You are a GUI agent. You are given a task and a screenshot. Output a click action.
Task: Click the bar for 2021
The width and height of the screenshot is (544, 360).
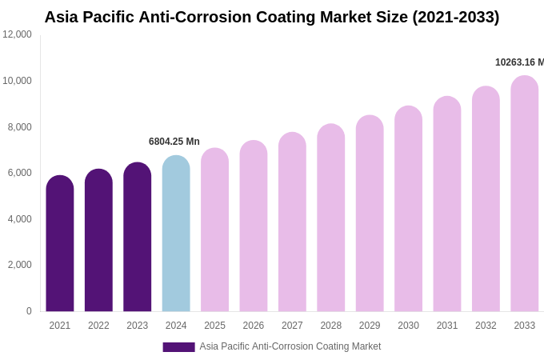60,244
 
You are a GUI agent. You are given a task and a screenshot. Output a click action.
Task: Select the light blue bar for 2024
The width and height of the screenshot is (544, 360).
176,234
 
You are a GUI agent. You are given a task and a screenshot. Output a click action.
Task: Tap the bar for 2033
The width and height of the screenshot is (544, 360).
524,194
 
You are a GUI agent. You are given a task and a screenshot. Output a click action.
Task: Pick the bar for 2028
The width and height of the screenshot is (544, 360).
330,218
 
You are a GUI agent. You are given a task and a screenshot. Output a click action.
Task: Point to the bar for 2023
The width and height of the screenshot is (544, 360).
138,237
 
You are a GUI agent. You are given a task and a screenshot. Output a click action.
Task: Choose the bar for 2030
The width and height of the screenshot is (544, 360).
408,209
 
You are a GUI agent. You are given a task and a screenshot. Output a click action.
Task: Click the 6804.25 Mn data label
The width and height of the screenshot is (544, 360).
174,142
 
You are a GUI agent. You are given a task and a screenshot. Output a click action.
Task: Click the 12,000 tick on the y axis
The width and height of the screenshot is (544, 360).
17,34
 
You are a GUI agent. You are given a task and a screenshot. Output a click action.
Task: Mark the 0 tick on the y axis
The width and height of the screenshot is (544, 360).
29,311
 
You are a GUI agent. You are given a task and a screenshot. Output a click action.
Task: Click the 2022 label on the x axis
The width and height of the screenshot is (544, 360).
98,326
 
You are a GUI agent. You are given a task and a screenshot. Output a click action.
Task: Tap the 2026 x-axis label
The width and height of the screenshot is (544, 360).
254,326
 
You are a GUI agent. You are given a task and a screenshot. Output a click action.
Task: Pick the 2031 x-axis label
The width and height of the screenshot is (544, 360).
447,326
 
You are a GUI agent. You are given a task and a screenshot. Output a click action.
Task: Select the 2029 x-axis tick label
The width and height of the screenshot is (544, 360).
370,326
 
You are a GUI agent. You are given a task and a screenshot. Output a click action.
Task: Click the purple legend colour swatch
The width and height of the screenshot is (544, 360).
178,347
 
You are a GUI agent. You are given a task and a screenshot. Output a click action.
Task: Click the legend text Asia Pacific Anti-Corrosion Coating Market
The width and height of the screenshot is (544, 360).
290,346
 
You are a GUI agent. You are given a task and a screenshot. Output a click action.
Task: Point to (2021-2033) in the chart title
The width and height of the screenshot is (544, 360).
455,17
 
